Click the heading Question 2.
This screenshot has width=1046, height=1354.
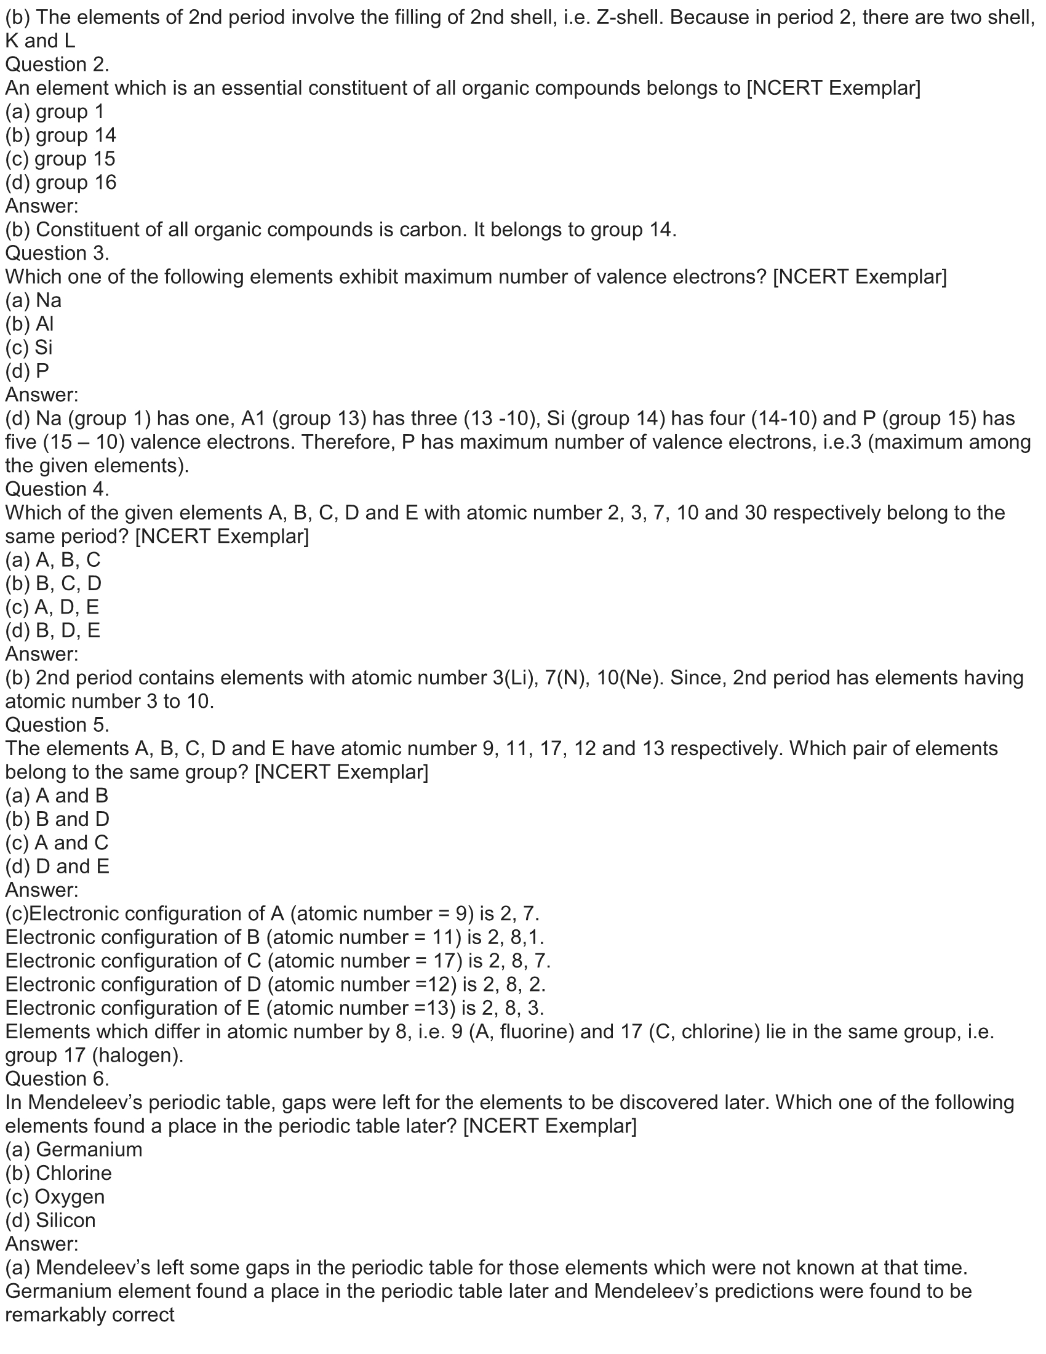(x=57, y=65)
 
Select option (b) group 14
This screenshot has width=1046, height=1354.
(x=61, y=135)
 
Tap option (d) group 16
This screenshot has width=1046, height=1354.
(x=61, y=182)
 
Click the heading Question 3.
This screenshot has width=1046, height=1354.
(x=57, y=253)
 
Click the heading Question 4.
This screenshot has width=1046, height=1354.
(x=57, y=489)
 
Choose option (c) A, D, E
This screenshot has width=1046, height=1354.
(x=53, y=607)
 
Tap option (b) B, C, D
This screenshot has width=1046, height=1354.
(x=54, y=583)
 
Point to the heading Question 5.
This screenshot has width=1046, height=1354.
(x=57, y=725)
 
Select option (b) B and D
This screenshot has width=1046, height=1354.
(x=57, y=819)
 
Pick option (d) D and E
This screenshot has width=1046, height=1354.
(x=57, y=866)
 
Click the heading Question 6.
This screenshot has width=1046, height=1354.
(x=57, y=1079)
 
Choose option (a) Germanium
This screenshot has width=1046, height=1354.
(x=74, y=1150)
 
